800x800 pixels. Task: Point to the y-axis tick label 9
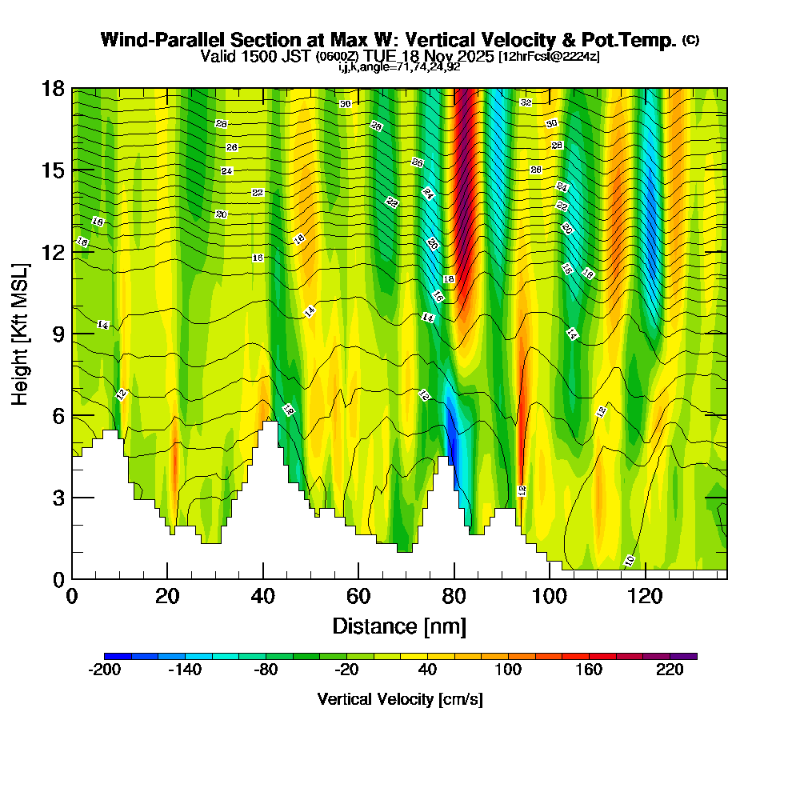point(58,334)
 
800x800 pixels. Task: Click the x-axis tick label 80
point(454,596)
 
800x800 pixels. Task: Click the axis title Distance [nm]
point(399,626)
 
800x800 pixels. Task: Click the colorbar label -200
point(104,670)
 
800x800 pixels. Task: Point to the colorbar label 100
point(509,670)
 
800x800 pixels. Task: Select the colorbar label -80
point(266,670)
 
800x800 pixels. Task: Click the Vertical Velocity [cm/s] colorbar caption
point(399,699)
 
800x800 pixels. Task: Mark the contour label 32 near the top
point(526,102)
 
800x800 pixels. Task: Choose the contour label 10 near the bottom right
point(630,560)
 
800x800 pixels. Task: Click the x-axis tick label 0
point(72,596)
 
